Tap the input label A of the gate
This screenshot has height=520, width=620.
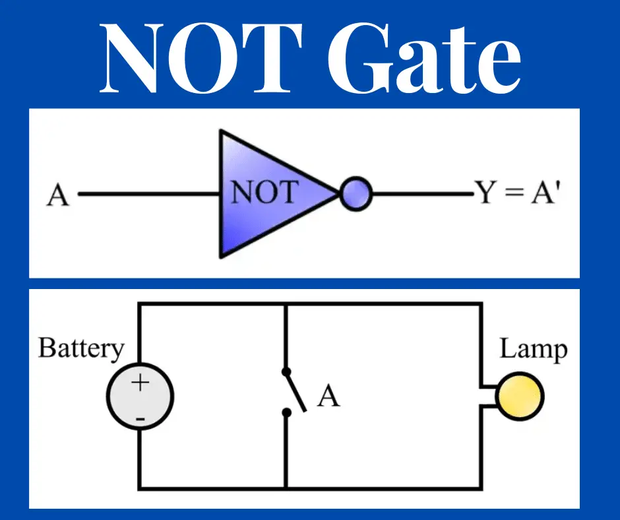pos(58,195)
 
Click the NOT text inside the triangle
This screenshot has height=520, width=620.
pos(264,193)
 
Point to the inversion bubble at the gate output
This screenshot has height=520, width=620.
pos(357,195)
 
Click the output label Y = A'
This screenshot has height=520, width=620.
pos(517,194)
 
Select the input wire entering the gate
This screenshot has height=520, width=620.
pos(149,195)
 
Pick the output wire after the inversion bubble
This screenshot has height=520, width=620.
pos(422,195)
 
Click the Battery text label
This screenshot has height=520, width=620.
pos(81,347)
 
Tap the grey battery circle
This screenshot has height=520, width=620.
pos(140,398)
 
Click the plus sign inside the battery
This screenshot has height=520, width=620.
pos(140,383)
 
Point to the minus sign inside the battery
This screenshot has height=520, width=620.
pos(140,418)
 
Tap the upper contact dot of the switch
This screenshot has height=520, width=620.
pos(286,371)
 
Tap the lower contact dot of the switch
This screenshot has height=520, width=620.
pos(286,413)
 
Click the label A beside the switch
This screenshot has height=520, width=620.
pos(328,397)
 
